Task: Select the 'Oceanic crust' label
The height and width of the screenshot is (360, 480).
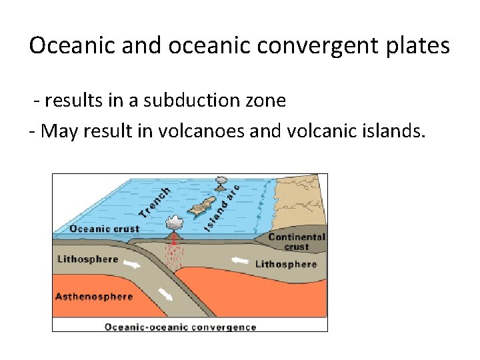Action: coord(105,229)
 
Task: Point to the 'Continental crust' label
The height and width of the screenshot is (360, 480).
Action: coord(297,241)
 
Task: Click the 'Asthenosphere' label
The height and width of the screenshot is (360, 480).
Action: coord(94,296)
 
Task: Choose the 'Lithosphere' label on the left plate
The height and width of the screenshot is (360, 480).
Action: coord(88,259)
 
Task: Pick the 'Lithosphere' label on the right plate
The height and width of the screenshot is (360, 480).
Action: coord(286,264)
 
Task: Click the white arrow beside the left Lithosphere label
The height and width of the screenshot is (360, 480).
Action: coord(133,264)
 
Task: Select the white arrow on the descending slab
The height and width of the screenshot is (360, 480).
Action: coord(165,294)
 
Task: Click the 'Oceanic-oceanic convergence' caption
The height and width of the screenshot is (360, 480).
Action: coord(180,327)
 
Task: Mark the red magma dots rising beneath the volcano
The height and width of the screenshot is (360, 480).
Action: coord(175,257)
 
